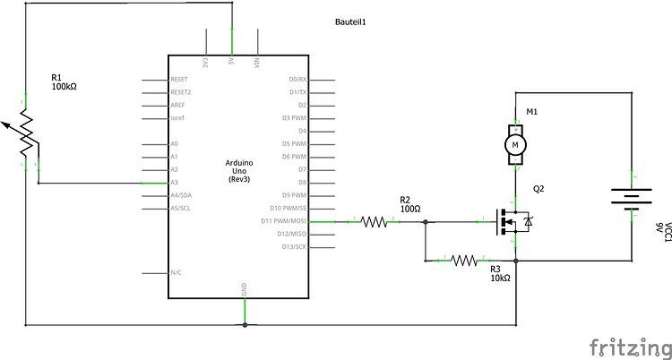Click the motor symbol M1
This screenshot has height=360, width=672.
pos(514,143)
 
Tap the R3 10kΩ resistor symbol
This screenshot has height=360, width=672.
pos(465,261)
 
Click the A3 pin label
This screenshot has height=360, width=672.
pos(175,182)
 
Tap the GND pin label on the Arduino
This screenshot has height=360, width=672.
pos(245,288)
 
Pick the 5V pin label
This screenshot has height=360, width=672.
pos(232,64)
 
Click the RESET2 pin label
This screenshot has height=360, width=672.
pos(181,91)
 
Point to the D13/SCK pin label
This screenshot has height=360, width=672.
pos(294,246)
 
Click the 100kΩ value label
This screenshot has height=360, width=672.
pos(65,89)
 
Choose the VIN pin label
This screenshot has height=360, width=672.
pos(258,63)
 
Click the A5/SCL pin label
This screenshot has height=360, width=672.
pos(181,208)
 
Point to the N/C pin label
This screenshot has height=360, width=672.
pos(177,273)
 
